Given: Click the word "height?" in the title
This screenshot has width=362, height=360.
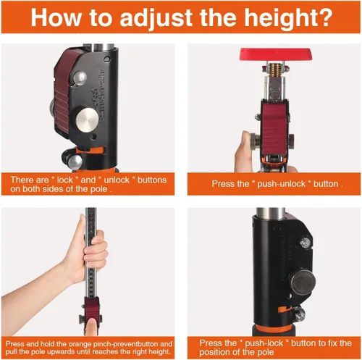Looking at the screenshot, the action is pos(289,18).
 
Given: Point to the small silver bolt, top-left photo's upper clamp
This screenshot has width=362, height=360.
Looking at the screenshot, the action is pos(80,78).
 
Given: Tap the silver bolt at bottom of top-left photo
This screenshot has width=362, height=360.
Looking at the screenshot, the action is pos(75,162).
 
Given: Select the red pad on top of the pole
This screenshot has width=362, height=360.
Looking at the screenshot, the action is pos(275,54).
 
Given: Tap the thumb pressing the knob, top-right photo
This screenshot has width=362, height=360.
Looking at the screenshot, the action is pos(244,151).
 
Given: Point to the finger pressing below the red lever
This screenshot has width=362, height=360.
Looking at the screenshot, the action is pos(92,327).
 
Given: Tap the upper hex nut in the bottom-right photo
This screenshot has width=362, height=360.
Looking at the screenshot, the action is pos(306,242).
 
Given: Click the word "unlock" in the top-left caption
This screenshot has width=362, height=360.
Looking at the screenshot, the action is pos(117,180).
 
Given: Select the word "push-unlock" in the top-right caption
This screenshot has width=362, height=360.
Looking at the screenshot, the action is pos(282,184).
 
